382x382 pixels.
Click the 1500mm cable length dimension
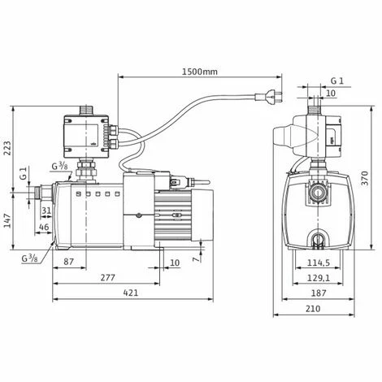click(200, 72)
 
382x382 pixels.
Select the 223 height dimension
click(7, 148)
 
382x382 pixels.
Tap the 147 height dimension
click(7, 221)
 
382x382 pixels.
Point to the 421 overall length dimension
click(131, 293)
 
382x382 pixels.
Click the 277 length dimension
click(108, 277)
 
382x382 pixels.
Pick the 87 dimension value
click(68, 262)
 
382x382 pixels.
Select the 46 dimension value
click(45, 227)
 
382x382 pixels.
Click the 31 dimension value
click(46, 211)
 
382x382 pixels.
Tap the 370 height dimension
click(366, 178)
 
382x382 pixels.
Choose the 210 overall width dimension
click(313, 309)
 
